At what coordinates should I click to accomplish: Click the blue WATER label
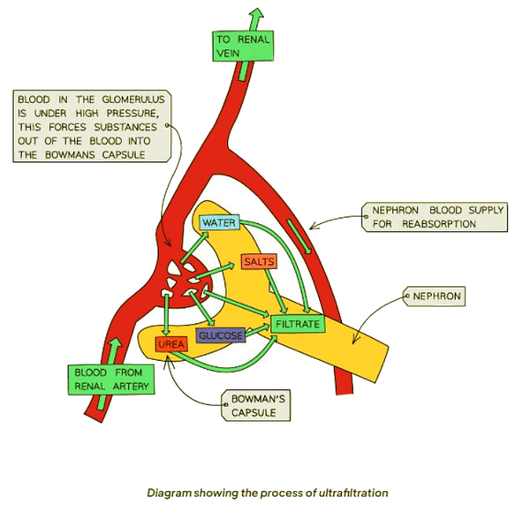click(x=218, y=222)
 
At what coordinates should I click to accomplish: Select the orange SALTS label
click(x=259, y=262)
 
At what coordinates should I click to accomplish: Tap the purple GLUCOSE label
click(x=220, y=336)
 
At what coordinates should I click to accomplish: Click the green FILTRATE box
click(x=296, y=323)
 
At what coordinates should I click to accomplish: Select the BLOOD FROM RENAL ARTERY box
click(x=112, y=379)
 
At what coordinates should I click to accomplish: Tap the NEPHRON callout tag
click(x=436, y=297)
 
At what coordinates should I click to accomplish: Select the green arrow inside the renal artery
click(x=113, y=349)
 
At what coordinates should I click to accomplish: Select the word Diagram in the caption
click(x=169, y=493)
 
